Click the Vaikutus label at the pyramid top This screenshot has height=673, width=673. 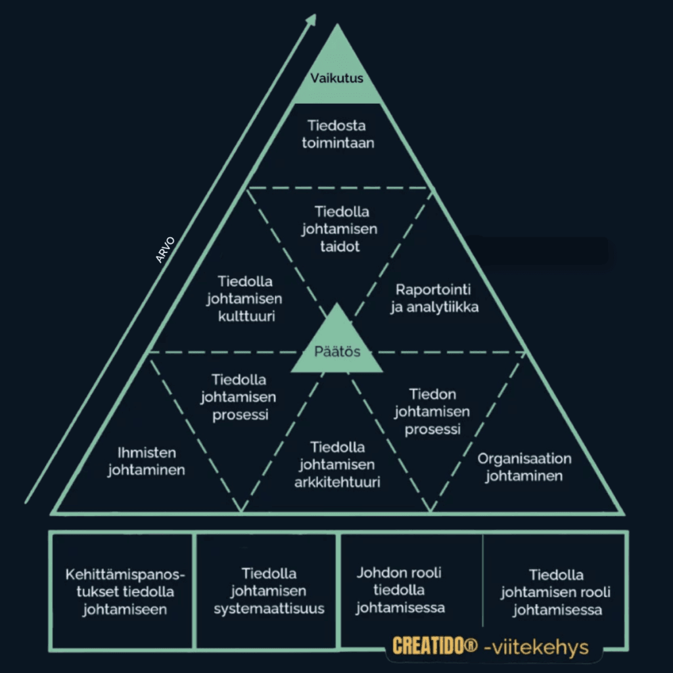pyautogui.click(x=336, y=78)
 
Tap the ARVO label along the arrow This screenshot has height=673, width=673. pyautogui.click(x=165, y=249)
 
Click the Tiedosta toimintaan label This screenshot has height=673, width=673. pyautogui.click(x=338, y=134)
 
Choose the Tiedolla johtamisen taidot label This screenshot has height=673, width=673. pyautogui.click(x=339, y=229)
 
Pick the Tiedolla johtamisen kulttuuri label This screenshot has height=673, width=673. pyautogui.click(x=244, y=299)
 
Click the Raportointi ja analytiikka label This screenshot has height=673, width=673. pyautogui.click(x=434, y=298)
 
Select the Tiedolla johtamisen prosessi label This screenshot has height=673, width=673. pyautogui.click(x=238, y=397)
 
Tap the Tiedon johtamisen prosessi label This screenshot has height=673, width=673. pyautogui.click(x=432, y=411)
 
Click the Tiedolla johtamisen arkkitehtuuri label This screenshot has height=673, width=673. pyautogui.click(x=337, y=465)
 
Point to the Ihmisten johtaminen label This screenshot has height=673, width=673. pyautogui.click(x=147, y=461)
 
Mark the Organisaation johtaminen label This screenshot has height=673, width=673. pyautogui.click(x=524, y=467)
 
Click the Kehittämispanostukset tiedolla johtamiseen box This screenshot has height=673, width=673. pyautogui.click(x=122, y=591)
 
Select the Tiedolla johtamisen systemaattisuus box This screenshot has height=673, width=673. pyautogui.click(x=267, y=591)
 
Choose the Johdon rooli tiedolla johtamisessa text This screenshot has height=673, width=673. pyautogui.click(x=400, y=590)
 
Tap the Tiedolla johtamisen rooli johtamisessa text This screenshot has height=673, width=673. pyautogui.click(x=556, y=592)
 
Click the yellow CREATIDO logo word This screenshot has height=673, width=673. pyautogui.click(x=429, y=646)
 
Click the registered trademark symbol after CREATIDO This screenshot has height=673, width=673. pyautogui.click(x=472, y=645)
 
